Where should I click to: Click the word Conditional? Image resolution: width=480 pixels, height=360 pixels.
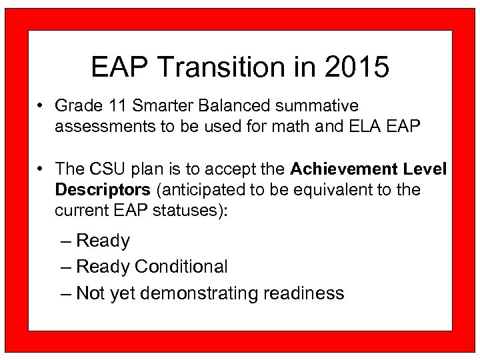(x=181, y=267)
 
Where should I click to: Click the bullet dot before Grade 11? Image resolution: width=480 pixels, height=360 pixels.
(x=41, y=106)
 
